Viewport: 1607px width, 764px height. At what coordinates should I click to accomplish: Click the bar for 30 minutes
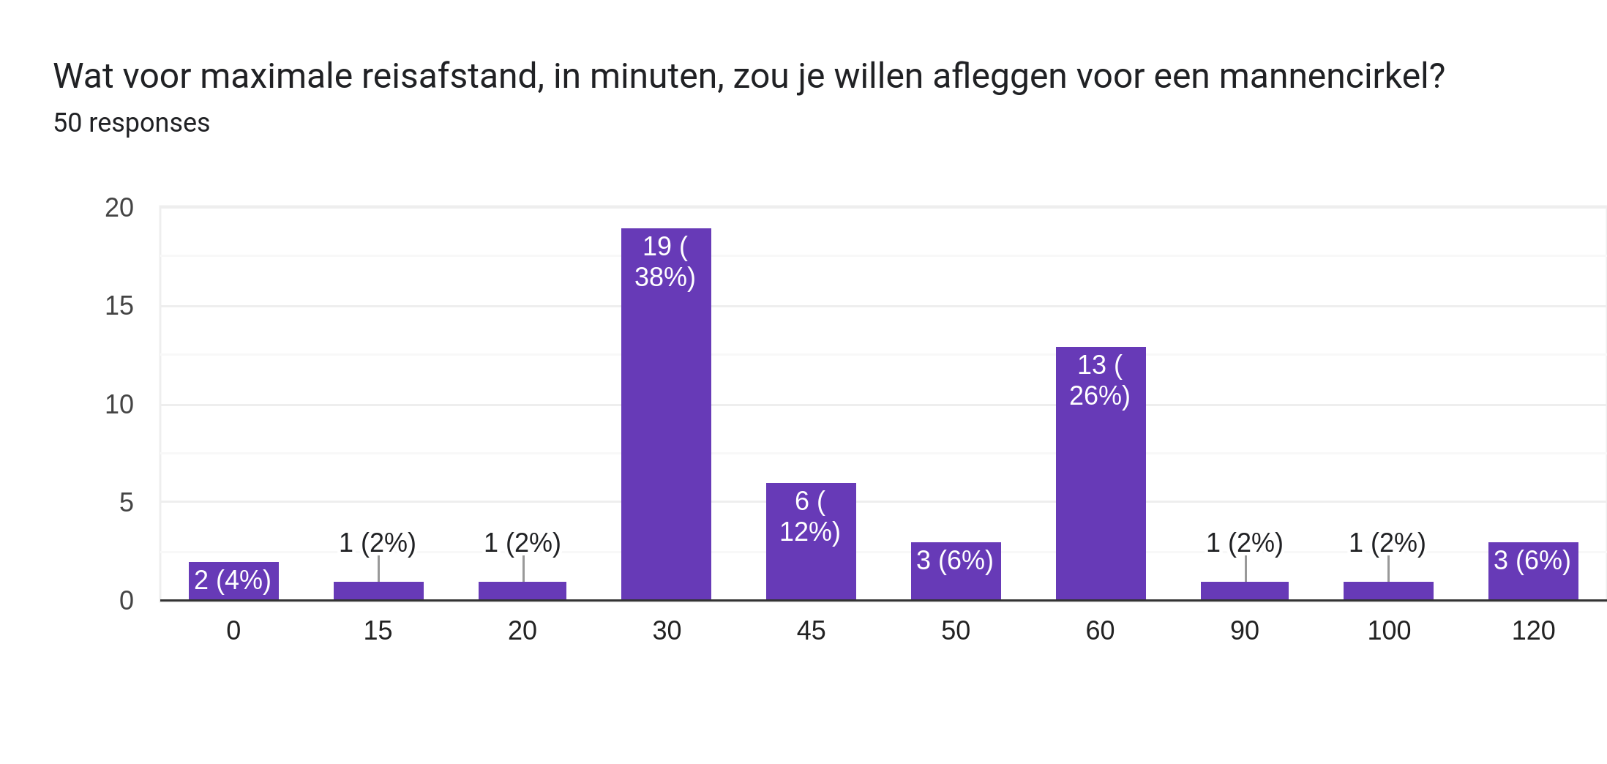(x=666, y=439)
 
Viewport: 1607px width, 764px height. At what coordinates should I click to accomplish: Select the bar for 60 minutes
(x=1101, y=498)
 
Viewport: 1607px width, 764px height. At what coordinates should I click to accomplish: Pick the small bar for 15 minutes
(x=378, y=591)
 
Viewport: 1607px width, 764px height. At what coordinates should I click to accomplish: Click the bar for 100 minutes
(x=1388, y=591)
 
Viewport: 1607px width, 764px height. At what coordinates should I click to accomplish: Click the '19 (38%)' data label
(x=665, y=262)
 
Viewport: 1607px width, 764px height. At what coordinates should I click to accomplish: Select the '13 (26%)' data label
(x=1100, y=381)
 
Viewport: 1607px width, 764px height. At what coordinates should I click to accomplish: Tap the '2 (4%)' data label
(x=233, y=580)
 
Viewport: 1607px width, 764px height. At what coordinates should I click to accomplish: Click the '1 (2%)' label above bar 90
(x=1244, y=543)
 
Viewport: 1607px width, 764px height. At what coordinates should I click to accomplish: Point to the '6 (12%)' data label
(x=810, y=517)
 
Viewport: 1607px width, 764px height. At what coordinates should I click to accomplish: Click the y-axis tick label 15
(x=119, y=306)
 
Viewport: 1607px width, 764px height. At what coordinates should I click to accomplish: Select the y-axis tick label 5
(x=127, y=503)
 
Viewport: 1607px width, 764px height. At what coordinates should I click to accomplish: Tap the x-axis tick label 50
(x=956, y=631)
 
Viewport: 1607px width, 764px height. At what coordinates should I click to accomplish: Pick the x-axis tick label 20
(x=522, y=631)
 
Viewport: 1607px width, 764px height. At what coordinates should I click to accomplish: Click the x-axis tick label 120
(x=1533, y=631)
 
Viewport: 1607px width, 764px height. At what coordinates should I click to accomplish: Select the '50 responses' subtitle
(x=132, y=123)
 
